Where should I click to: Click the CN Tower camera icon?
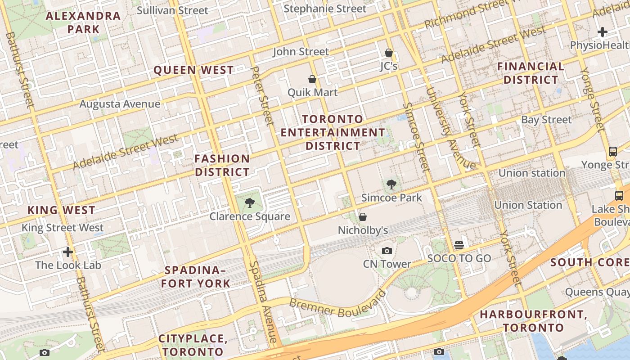(x=387, y=251)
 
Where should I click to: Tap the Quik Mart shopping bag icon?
(x=312, y=79)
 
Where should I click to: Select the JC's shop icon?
(x=389, y=53)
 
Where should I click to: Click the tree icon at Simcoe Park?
(x=391, y=184)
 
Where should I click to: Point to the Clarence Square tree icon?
(x=250, y=202)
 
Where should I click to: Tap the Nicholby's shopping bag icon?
(x=363, y=217)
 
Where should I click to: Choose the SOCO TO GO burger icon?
(x=459, y=245)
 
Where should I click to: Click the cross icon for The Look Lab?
(x=68, y=252)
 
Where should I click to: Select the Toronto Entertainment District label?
(x=333, y=132)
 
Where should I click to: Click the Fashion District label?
(x=222, y=165)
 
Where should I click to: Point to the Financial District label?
(x=531, y=73)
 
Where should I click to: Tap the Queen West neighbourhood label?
(x=193, y=70)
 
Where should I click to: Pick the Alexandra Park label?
(x=83, y=22)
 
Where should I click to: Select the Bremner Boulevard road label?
(x=337, y=304)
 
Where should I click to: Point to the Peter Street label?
(x=262, y=96)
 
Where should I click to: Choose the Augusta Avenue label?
(x=120, y=104)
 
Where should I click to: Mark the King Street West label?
(x=63, y=228)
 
